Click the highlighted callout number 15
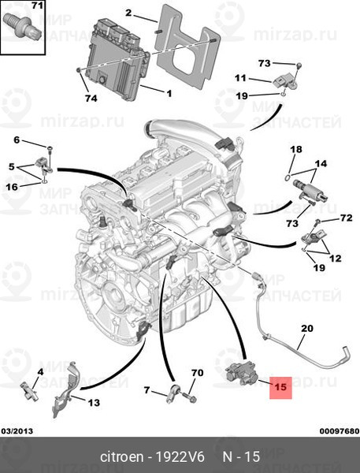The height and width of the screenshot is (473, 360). point(280,386)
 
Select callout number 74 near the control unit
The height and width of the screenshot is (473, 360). point(91,99)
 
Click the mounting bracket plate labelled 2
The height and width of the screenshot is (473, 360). point(187,45)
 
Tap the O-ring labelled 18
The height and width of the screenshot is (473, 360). point(288,177)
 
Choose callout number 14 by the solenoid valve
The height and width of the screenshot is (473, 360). point(321,164)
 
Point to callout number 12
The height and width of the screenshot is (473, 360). point(335,259)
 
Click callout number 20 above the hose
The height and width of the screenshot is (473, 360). point(307,328)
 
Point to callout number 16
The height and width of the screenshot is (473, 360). point(12,187)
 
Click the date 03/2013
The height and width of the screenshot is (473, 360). point(17,431)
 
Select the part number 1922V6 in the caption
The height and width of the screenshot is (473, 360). point(180,457)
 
